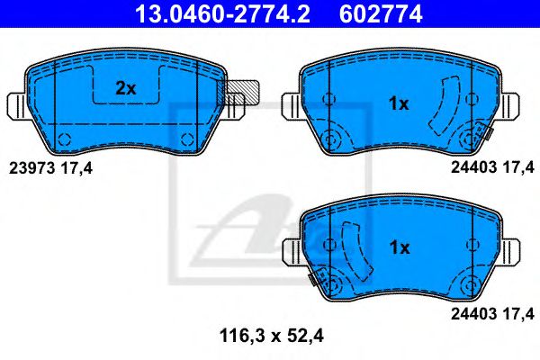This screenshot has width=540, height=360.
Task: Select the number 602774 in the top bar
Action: click(379, 13)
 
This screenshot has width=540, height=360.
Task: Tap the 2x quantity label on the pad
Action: click(125, 88)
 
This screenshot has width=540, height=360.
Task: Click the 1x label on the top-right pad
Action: click(398, 103)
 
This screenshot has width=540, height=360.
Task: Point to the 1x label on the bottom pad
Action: click(398, 247)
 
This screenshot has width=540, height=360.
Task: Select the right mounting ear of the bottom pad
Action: click(511, 249)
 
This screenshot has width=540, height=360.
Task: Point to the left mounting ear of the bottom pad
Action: click(292, 249)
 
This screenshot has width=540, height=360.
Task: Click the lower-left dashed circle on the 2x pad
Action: click(65, 138)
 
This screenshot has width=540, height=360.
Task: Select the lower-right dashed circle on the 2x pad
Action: click(186, 138)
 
